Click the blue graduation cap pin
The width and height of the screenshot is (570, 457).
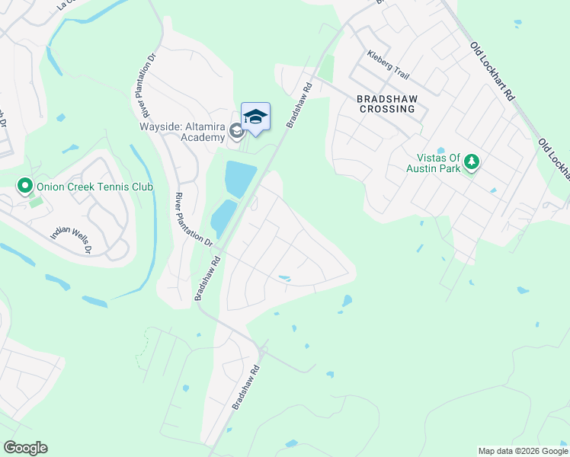pyautogui.click(x=255, y=117)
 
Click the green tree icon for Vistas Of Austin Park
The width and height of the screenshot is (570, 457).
pyautogui.click(x=472, y=161)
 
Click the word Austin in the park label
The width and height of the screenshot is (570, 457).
pyautogui.click(x=424, y=168)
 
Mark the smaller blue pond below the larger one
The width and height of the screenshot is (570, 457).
pyautogui.click(x=222, y=217)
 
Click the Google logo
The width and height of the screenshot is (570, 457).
pyautogui.click(x=25, y=448)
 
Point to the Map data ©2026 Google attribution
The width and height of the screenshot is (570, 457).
pyautogui.click(x=522, y=451)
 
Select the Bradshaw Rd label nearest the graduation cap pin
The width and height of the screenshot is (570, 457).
pyautogui.click(x=299, y=103)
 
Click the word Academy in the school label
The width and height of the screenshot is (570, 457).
pyautogui.click(x=207, y=138)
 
